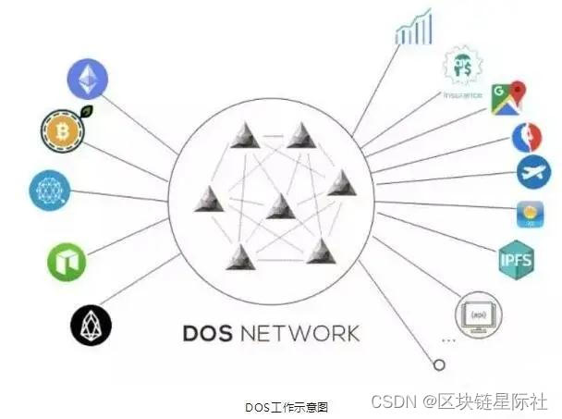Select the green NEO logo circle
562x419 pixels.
pos(67,262)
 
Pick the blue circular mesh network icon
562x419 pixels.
pos(49,191)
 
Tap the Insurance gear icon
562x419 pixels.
pos(462,67)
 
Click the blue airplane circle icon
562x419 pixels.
pos(533,172)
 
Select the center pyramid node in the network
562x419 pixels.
pos(280,206)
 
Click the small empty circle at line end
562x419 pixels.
pos(426,364)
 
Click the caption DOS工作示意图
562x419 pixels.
pos(287,406)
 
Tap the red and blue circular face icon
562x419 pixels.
pos(528,137)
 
